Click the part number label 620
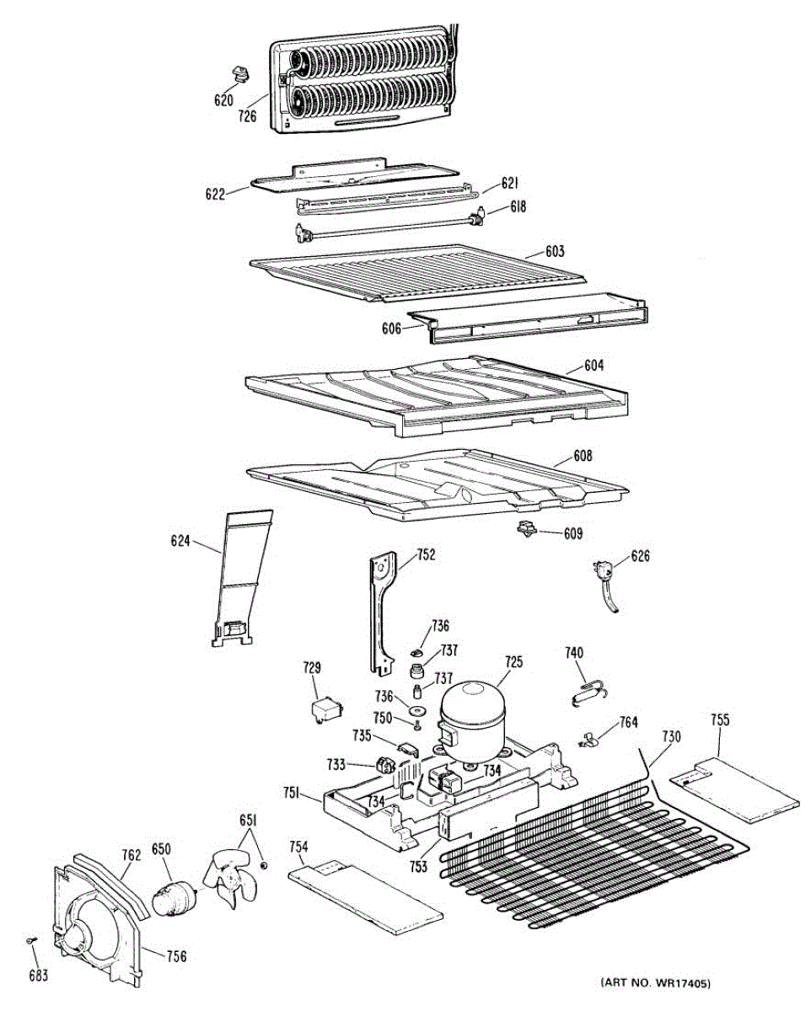tap(223, 100)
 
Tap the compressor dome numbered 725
tap(473, 712)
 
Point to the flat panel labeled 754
tap(364, 894)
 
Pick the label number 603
tap(555, 251)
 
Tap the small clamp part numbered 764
tap(592, 741)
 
